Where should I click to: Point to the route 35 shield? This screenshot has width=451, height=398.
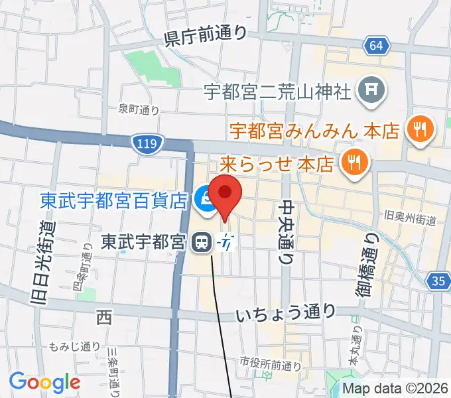[x=438, y=281]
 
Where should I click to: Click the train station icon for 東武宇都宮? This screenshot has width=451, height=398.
[x=200, y=243]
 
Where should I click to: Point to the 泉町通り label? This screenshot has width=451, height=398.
[x=139, y=109]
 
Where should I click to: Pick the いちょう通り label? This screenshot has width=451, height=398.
[x=286, y=312]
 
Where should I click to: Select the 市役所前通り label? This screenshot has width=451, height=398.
[x=271, y=363]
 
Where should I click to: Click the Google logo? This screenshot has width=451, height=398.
[x=44, y=381]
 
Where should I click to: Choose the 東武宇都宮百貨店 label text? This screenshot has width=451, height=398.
[x=113, y=200]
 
